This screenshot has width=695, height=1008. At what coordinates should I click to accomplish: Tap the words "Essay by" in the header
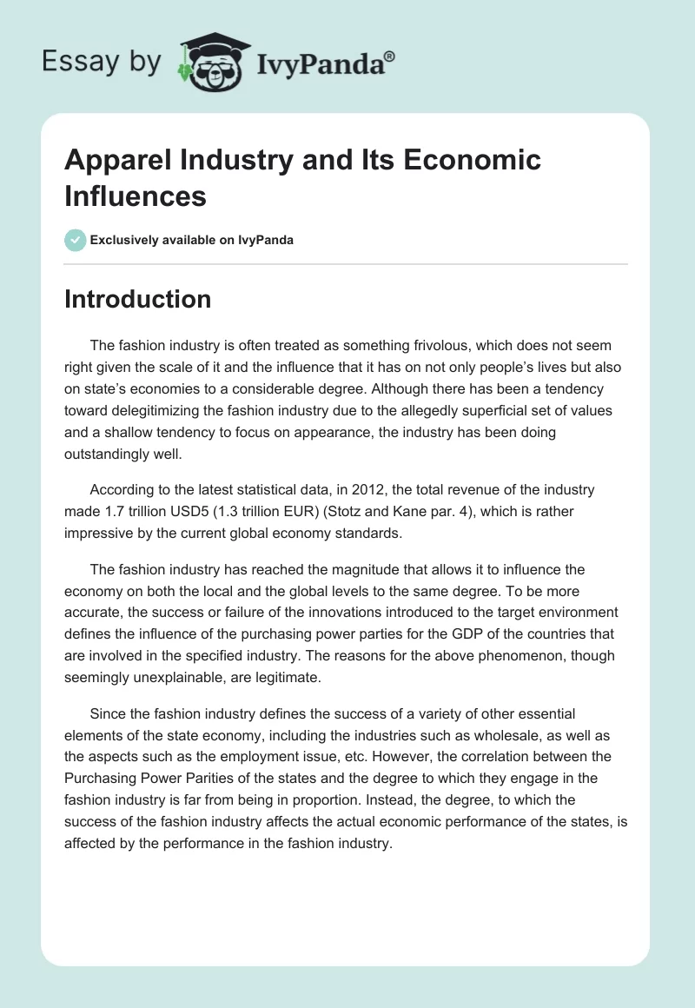coord(101,62)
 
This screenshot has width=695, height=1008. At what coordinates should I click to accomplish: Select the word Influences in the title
coord(136,196)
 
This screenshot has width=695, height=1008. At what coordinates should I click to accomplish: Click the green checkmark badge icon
coord(76,240)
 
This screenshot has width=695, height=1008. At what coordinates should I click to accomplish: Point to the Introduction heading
coord(138,299)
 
